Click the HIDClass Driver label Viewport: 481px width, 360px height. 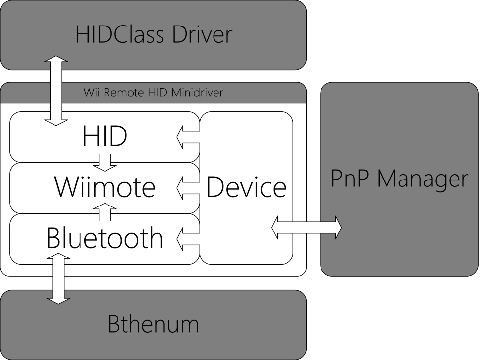(153, 35)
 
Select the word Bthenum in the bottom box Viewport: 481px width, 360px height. (153, 324)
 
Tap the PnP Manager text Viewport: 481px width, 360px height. (399, 179)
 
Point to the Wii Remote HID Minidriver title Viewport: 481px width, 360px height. (153, 92)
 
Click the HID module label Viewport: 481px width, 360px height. (105, 136)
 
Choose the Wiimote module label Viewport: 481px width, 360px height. (105, 187)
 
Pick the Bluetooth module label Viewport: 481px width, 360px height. (105, 238)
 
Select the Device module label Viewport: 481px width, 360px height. (246, 187)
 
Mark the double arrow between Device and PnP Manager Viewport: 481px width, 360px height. (307, 228)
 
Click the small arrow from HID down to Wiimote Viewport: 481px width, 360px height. (105, 162)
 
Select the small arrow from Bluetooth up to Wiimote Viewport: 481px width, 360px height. (105, 212)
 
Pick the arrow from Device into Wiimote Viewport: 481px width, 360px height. (187, 187)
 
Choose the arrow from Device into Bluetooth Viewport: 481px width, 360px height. (187, 237)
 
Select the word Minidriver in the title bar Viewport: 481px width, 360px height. (199, 92)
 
